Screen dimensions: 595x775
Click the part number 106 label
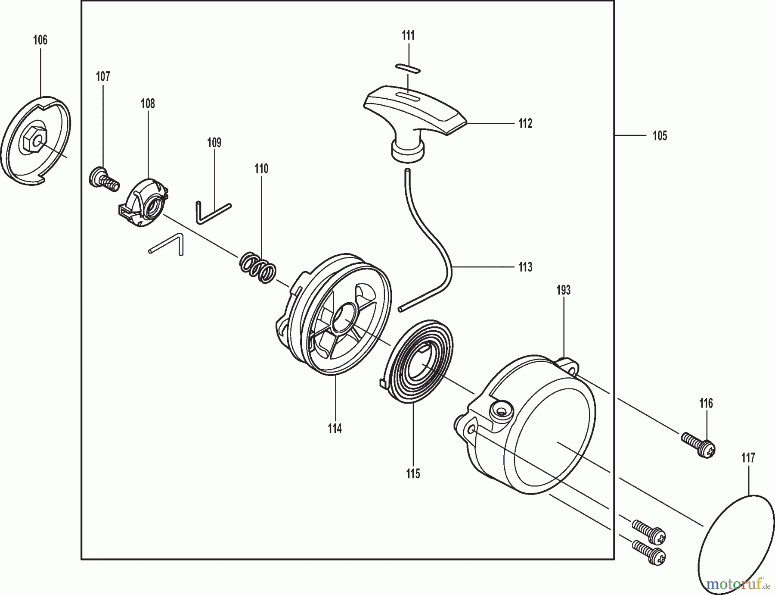pos(40,40)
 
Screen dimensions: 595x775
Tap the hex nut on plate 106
pos(33,141)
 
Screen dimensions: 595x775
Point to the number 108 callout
pos(148,103)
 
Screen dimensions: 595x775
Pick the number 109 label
pos(214,143)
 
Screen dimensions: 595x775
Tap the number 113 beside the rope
pos(525,267)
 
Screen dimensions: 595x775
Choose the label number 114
pos(335,429)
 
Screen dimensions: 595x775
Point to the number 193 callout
pos(563,291)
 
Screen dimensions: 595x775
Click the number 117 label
pos(748,458)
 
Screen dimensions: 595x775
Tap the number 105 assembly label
pos(660,136)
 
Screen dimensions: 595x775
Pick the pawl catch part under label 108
pos(144,203)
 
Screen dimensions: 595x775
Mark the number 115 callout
pos(412,474)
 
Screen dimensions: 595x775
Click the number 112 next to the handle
pos(525,124)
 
